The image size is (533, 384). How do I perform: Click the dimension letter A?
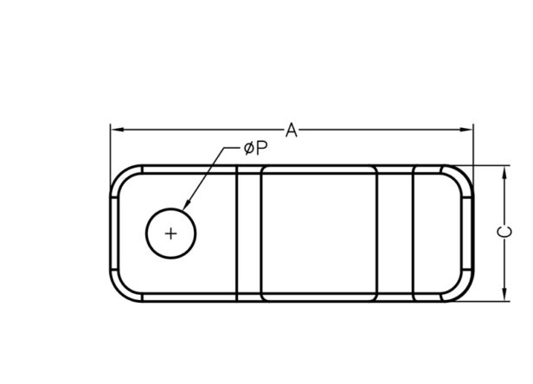(291, 130)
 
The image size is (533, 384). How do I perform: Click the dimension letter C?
(504, 232)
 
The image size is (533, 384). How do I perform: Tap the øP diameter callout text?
(255, 148)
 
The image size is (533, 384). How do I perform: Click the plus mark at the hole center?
(170, 234)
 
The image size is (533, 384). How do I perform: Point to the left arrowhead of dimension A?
(117, 130)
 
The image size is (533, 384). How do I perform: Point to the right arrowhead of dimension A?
(466, 130)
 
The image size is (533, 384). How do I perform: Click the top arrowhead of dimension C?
(504, 173)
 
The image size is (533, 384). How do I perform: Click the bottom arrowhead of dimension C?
(504, 294)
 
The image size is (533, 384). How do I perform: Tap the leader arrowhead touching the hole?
(186, 205)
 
